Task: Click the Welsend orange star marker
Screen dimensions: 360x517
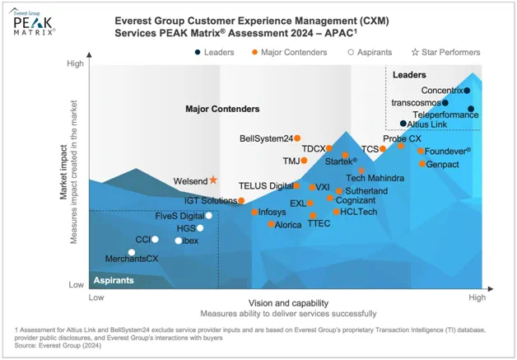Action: pos(213,180)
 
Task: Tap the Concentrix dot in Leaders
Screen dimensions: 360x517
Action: pos(467,91)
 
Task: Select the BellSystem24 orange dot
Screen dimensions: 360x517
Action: pos(297,138)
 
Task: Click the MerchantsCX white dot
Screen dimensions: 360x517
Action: pos(130,252)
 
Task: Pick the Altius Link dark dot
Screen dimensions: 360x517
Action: pos(403,124)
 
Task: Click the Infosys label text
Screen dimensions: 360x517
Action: pos(272,212)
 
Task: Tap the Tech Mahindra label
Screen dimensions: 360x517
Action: pos(375,178)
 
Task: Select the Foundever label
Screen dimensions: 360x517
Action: pos(449,151)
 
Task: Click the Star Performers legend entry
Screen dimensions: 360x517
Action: pos(446,53)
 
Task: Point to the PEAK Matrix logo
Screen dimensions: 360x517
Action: pos(34,22)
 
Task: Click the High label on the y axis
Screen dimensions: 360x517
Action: pos(75,63)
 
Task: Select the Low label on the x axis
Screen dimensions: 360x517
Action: pos(96,296)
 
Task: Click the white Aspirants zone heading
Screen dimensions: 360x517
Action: pos(113,280)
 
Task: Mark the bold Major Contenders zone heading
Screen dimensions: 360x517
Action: pos(222,109)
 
